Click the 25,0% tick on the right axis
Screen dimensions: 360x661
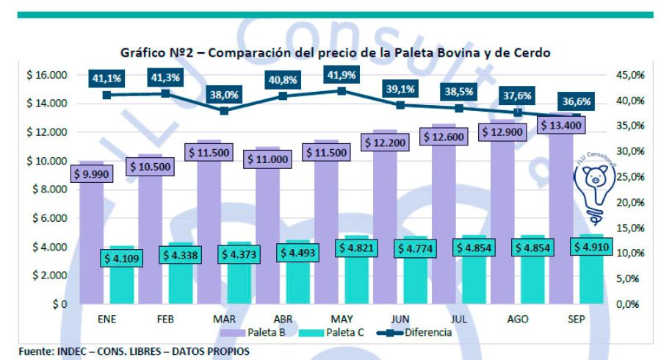pyautogui.click(x=629, y=176)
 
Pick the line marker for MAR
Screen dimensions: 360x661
pyautogui.click(x=224, y=110)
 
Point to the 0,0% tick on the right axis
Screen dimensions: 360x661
pyautogui.click(x=629, y=303)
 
